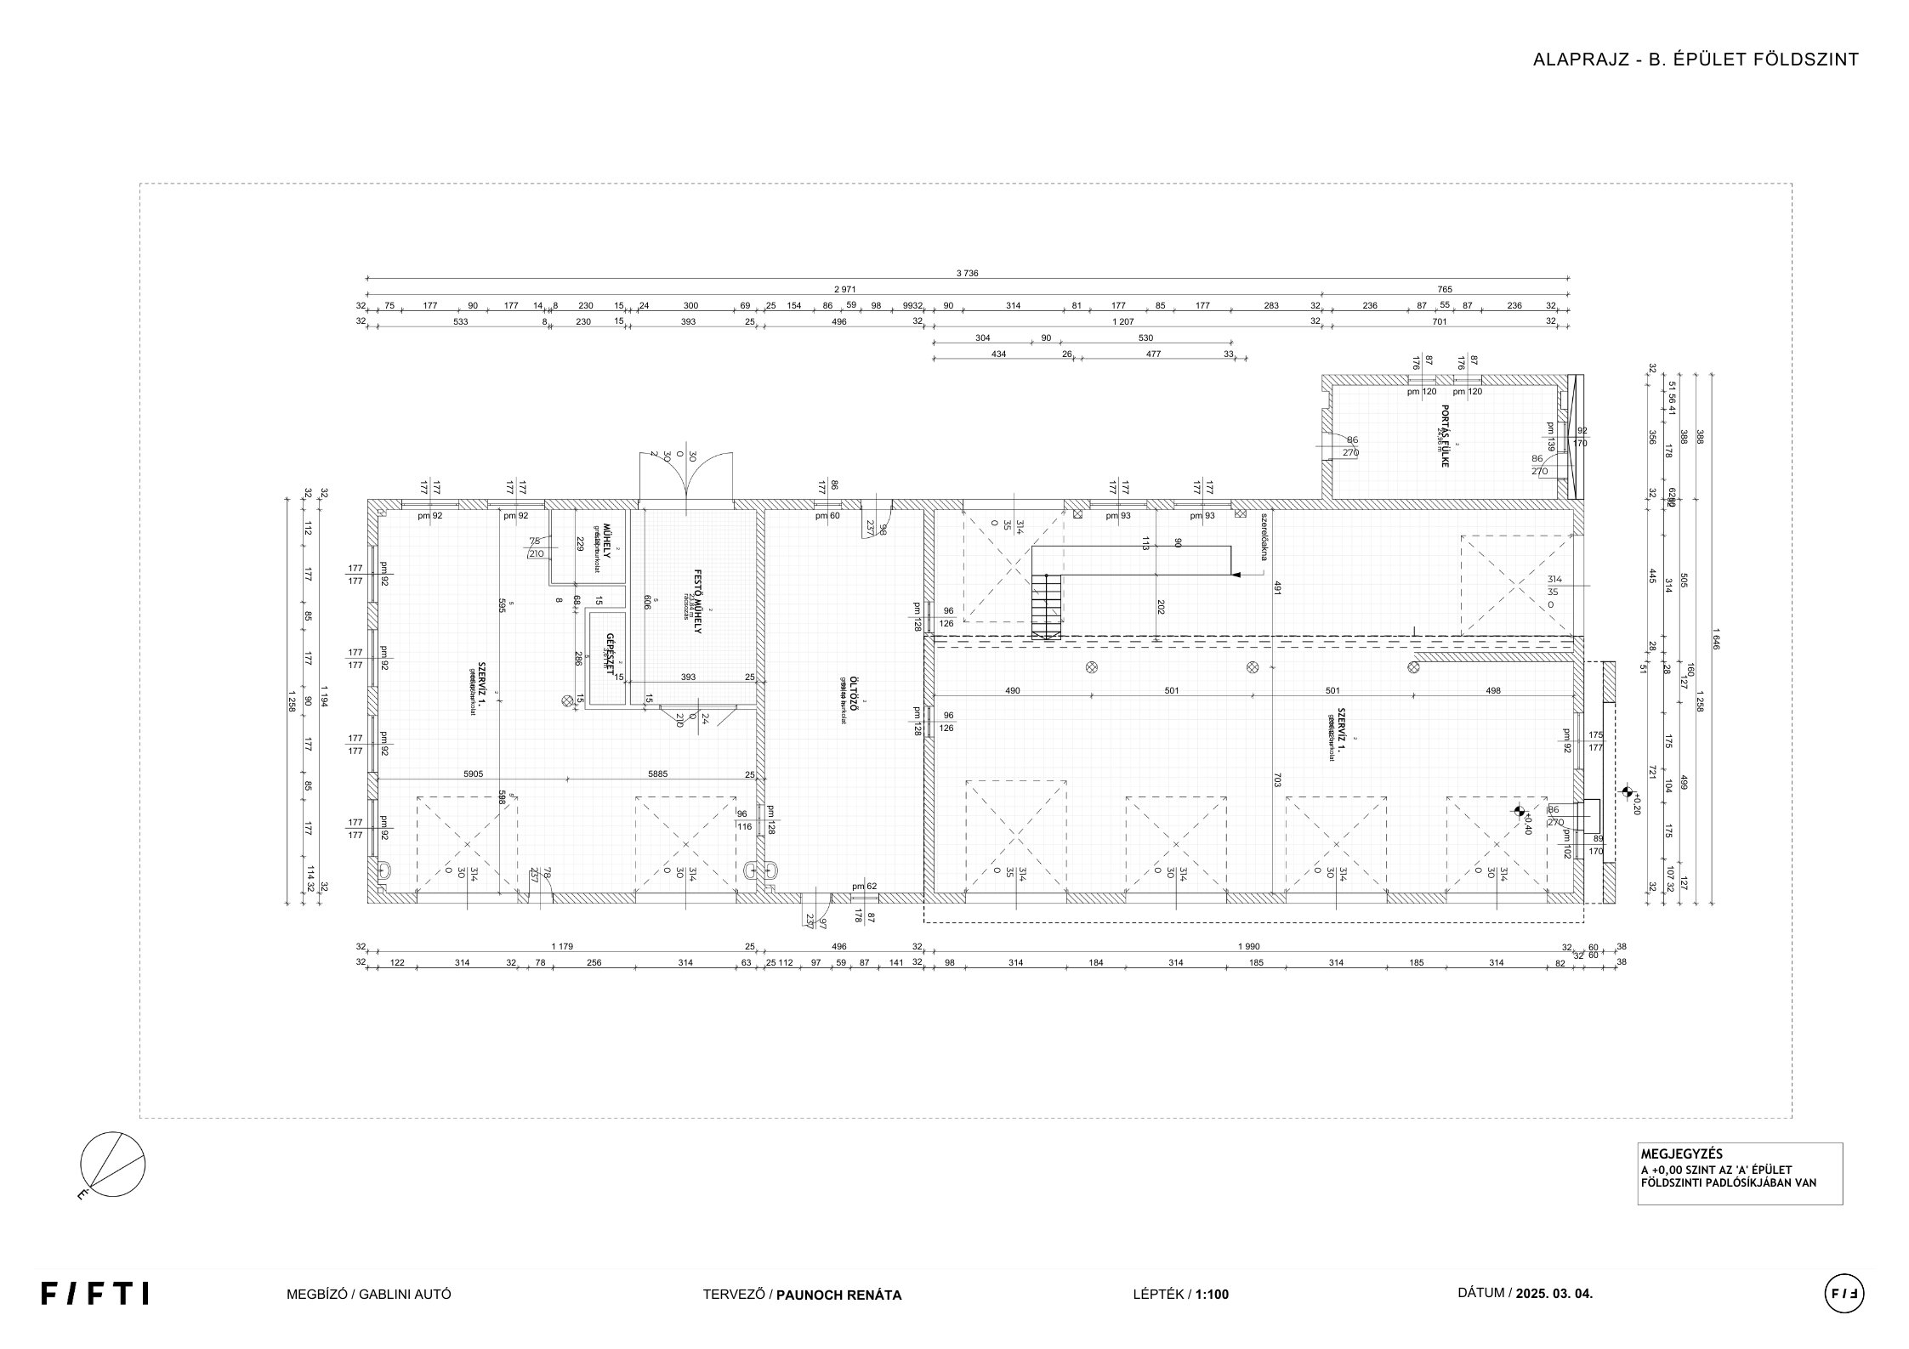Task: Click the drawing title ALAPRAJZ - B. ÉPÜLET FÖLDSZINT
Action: [x=1696, y=60]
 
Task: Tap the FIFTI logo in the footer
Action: [x=94, y=1293]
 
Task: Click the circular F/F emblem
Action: [x=1844, y=1294]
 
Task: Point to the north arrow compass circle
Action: [x=112, y=1165]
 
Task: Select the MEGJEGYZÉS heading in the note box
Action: [x=1670, y=1154]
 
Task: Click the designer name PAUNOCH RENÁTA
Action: [x=838, y=1295]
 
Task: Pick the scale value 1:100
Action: [x=1212, y=1295]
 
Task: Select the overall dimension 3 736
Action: [x=967, y=274]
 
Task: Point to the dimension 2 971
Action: [x=844, y=290]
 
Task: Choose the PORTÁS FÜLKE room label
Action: [x=1444, y=436]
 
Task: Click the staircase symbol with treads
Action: [x=1046, y=606]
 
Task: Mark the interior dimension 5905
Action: [x=473, y=774]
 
